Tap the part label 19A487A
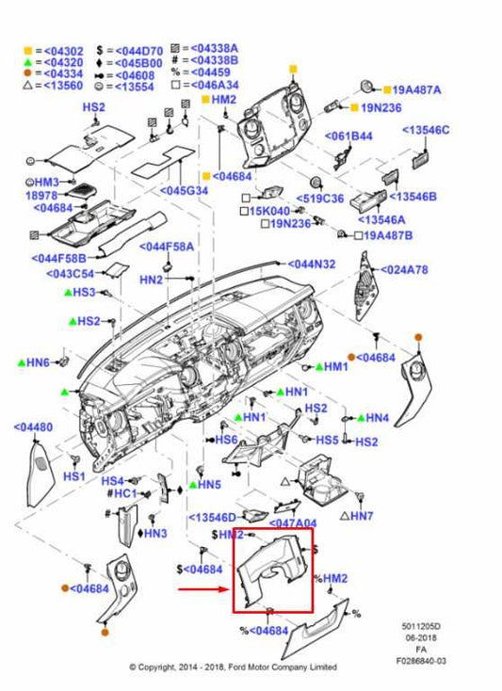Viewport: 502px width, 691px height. (416, 89)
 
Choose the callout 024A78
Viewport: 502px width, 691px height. (405, 269)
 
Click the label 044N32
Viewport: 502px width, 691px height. (311, 265)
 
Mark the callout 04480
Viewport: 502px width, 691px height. (33, 426)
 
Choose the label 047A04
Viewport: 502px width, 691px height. (293, 522)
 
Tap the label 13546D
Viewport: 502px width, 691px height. (213, 517)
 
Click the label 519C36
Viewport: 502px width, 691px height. (320, 198)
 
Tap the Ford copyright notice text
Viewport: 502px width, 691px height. (233, 667)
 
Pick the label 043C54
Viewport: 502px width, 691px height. (72, 273)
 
